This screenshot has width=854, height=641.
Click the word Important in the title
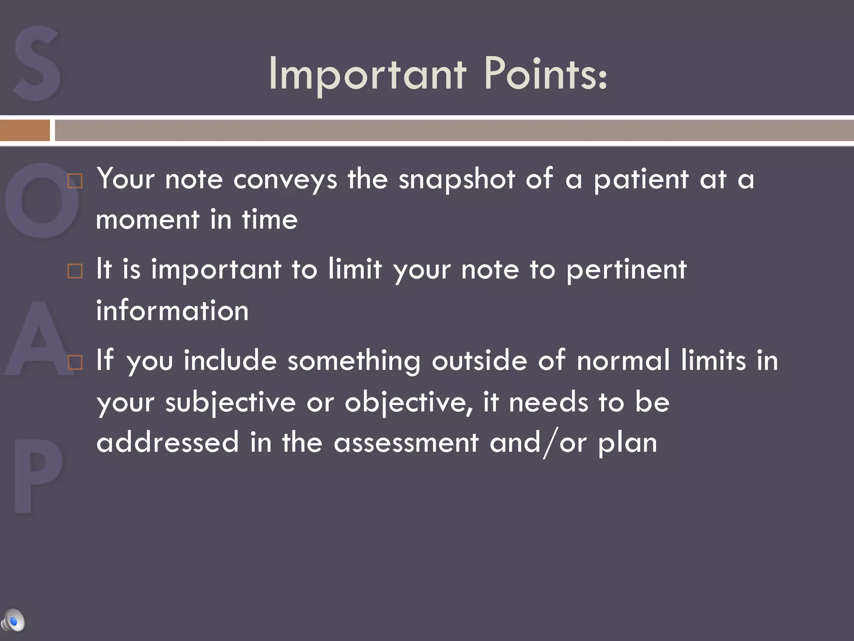point(367,75)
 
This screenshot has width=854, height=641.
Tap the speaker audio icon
point(13,621)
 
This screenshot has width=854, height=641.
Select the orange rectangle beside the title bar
point(25,130)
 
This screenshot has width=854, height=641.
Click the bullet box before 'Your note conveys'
point(75,181)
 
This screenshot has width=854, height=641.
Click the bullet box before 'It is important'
point(75,271)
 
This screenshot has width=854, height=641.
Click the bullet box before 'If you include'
point(75,362)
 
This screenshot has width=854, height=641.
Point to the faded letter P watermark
point(38,476)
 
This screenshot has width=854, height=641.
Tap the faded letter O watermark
point(42,200)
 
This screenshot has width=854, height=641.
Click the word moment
point(148,220)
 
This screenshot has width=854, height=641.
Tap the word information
point(172,311)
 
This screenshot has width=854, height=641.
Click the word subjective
point(231,403)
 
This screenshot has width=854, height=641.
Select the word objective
point(408,403)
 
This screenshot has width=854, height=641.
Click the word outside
point(479,361)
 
